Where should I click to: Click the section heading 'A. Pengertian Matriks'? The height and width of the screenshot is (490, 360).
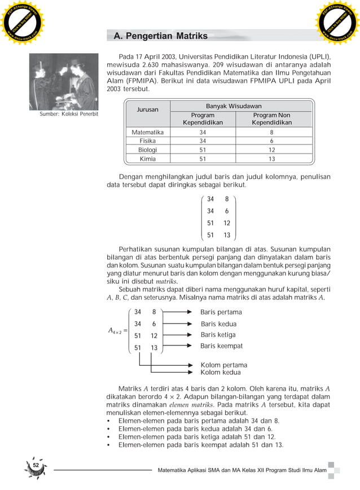click(160, 36)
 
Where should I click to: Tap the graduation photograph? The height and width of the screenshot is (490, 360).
click(64, 81)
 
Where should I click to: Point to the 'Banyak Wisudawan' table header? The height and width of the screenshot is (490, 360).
click(233, 106)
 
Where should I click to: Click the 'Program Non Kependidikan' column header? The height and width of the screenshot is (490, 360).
click(271, 119)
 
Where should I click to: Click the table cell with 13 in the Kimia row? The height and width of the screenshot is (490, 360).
click(271, 159)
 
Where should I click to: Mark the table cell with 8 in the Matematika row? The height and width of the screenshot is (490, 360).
click(271, 132)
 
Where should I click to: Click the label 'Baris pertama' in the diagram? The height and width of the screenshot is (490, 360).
click(221, 312)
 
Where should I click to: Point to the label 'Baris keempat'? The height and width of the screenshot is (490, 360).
click(222, 346)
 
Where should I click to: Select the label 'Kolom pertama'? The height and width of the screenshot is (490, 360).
click(223, 365)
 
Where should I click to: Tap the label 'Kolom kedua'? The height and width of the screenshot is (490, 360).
click(221, 373)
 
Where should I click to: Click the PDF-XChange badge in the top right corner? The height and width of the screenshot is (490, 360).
click(336, 23)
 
